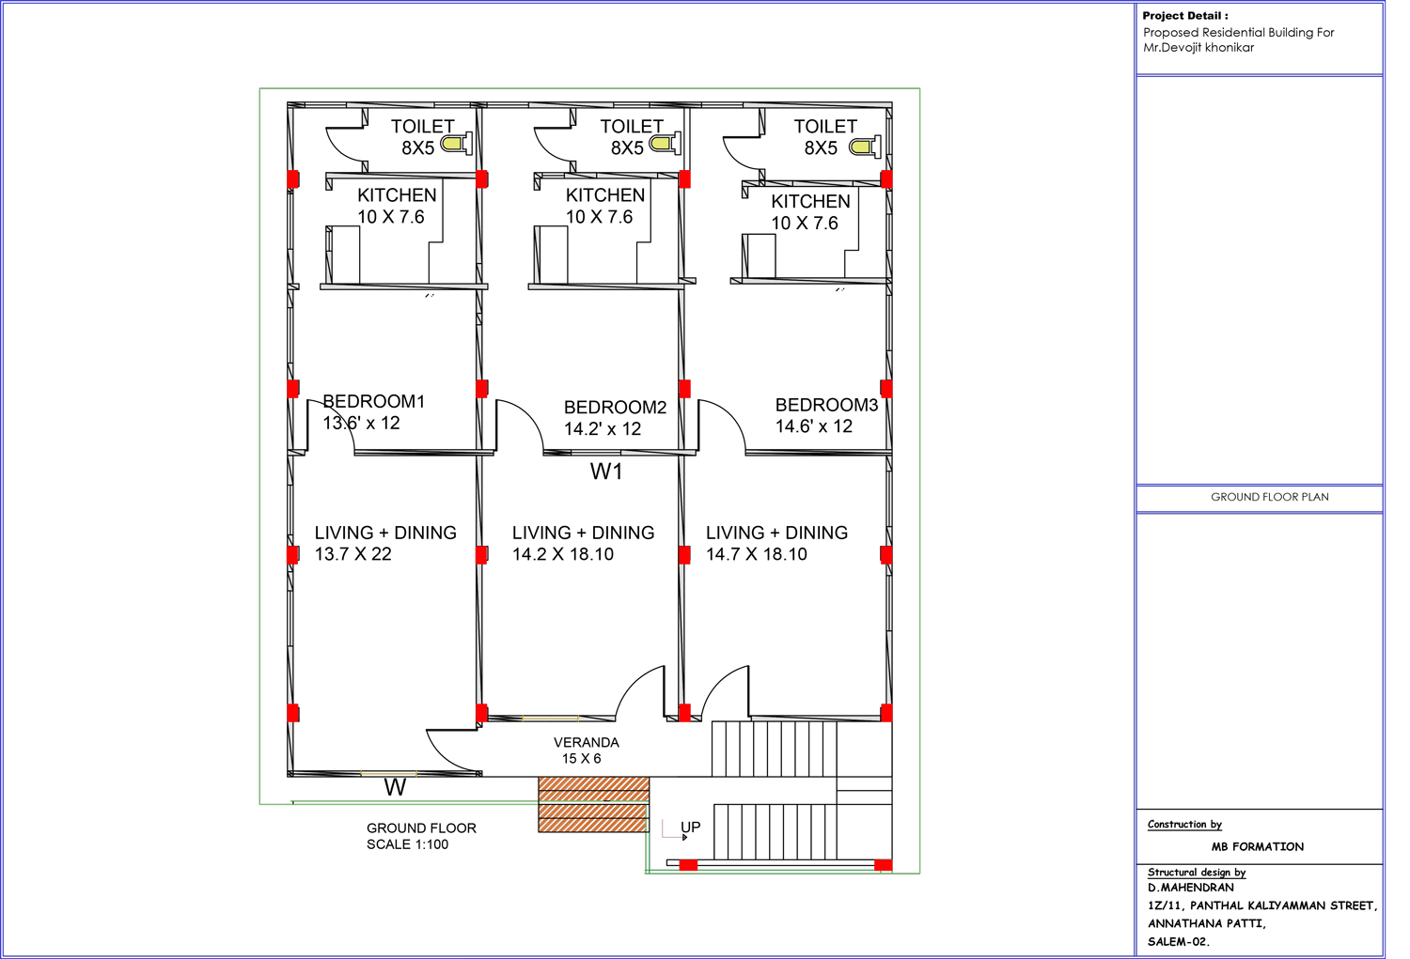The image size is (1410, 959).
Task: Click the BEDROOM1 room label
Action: (374, 401)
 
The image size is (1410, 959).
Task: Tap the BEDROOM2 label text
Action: (615, 407)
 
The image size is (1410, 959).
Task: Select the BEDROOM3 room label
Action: (826, 405)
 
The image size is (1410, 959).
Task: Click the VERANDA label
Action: (586, 742)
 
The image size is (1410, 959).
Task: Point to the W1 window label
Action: (606, 472)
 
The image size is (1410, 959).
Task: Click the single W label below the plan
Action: (395, 788)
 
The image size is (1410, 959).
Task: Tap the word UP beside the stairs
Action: (690, 827)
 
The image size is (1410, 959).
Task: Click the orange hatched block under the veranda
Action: (593, 804)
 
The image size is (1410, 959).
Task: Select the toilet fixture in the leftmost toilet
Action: (457, 144)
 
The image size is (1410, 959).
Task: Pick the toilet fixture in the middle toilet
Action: (665, 144)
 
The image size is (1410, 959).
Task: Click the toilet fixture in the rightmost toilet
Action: (865, 147)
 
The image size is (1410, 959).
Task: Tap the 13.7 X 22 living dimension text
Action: (353, 554)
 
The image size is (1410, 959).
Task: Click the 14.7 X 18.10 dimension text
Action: (757, 554)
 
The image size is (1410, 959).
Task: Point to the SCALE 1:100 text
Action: (407, 844)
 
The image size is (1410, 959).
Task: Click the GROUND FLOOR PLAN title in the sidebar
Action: (1269, 497)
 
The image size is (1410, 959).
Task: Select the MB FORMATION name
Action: (1257, 846)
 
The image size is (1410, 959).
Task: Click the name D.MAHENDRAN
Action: (1190, 887)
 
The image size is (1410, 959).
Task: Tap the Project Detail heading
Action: (1184, 16)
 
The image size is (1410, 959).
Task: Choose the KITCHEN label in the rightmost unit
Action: (810, 201)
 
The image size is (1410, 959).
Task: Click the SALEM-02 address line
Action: (1178, 941)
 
